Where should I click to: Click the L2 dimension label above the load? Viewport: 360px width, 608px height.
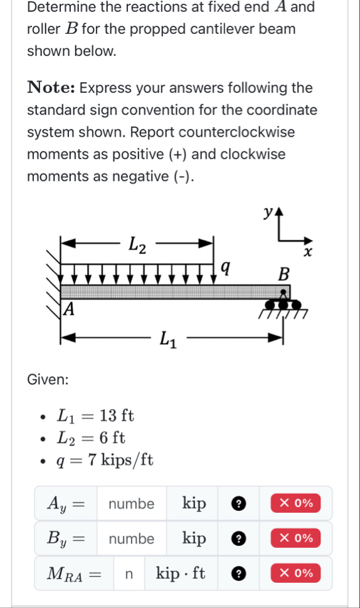pos(137,245)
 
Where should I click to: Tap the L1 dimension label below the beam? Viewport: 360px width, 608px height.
pos(169,340)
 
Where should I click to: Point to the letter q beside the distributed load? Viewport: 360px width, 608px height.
pos(225,268)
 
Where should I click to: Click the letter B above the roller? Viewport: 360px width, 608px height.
pos(283,274)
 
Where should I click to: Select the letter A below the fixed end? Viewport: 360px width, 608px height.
pos(68,309)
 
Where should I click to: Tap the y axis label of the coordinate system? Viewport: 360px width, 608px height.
pos(268,212)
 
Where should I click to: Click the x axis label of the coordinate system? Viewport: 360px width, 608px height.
pos(307,252)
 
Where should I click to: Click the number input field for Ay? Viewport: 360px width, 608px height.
pos(132,503)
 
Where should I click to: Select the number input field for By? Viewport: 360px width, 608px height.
pos(132,538)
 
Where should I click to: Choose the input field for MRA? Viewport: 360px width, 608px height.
pos(129,574)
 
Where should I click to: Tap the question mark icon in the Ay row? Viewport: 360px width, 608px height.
pos(238,503)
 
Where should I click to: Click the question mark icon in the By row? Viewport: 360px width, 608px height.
pos(238,538)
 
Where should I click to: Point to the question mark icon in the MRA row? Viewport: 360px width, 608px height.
pos(238,574)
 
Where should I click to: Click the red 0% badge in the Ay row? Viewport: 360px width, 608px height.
pos(295,503)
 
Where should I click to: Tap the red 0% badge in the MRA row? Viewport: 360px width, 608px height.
pos(295,573)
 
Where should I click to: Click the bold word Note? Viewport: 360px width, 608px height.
pos(51,87)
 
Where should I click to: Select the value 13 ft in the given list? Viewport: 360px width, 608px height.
pos(117,416)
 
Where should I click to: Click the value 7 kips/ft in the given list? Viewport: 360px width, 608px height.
pos(120,460)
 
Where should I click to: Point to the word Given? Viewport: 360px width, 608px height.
pos(48,379)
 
